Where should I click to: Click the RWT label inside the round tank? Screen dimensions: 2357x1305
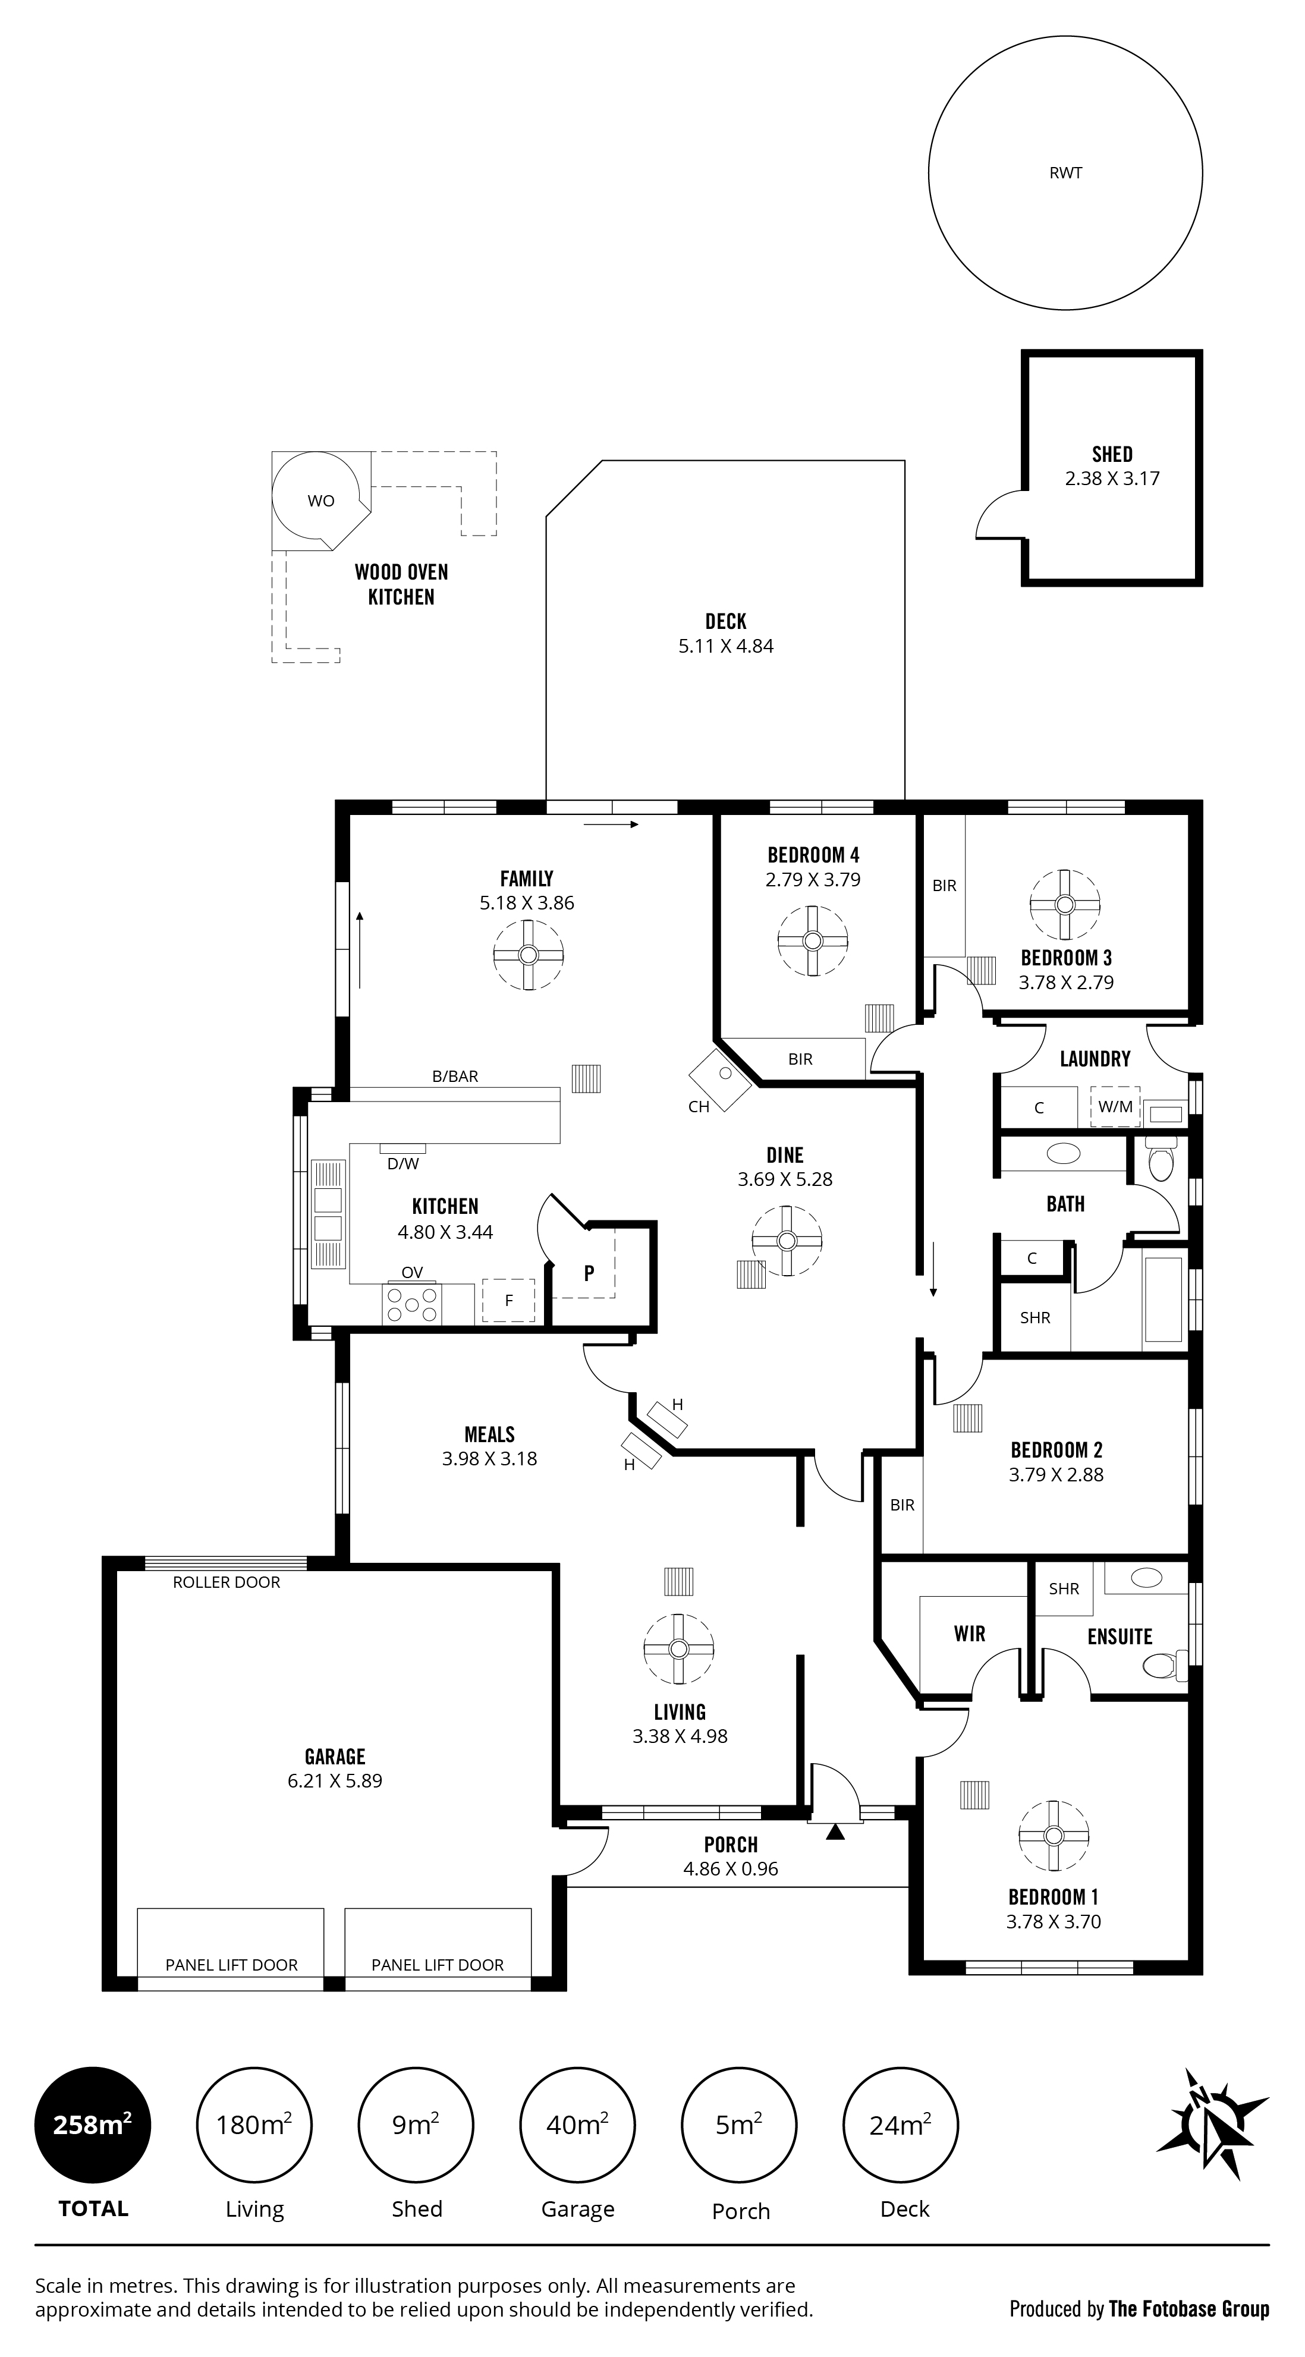[x=1065, y=173]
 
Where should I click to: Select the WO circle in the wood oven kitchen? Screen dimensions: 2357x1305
[x=320, y=501]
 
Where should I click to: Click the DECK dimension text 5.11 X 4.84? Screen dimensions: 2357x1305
[x=726, y=646]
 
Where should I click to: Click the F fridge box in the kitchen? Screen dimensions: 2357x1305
[x=509, y=1300]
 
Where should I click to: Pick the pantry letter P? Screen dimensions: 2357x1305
[x=589, y=1273]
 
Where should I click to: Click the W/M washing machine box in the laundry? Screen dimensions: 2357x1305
[x=1115, y=1106]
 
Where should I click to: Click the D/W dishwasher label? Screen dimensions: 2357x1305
[x=402, y=1164]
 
